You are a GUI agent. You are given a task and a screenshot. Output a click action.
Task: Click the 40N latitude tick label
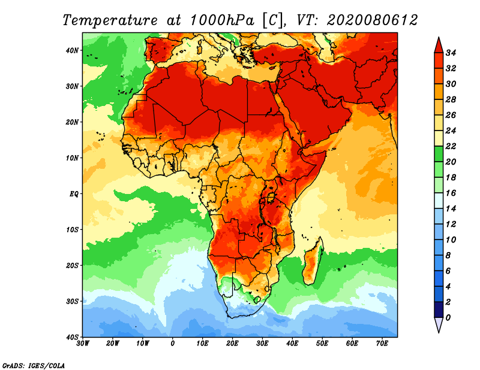tap(73, 50)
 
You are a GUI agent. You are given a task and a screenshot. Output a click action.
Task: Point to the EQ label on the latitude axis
tap(74, 193)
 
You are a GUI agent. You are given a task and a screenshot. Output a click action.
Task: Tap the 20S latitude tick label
tap(73, 265)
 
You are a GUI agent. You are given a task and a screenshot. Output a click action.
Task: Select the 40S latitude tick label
tap(73, 336)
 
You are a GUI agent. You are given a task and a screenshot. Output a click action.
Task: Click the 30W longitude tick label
tap(83, 344)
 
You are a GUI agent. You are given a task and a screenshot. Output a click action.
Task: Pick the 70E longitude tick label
tap(382, 344)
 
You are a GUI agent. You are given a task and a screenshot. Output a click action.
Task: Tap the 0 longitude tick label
tap(173, 344)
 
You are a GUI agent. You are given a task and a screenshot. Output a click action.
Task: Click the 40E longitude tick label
tap(292, 344)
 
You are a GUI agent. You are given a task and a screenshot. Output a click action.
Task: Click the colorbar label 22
tap(453, 146)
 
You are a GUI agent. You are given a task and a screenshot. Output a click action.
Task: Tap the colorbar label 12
tap(453, 224)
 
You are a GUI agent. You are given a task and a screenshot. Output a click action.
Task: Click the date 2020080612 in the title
tap(372, 20)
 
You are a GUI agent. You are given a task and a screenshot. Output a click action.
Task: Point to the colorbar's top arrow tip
tap(438, 39)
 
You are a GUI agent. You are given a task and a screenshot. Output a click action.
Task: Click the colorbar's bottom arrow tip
tap(438, 331)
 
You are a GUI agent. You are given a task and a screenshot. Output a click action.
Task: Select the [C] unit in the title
tap(272, 20)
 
